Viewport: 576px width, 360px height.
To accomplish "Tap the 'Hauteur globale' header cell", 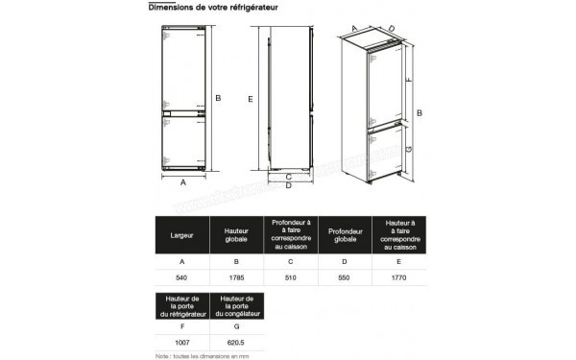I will coord(235,233).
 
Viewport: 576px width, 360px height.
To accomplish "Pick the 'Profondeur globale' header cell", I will coord(345,233).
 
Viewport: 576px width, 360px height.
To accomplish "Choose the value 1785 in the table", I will coord(235,276).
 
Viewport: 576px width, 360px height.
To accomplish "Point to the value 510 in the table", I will coord(290,276).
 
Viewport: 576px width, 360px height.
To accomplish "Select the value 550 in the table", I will coord(345,276).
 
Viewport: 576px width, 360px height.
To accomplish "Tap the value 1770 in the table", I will coord(400,276).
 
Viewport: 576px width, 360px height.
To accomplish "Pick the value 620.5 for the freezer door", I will coord(235,343).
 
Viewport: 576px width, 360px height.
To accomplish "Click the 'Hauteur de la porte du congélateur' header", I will coord(235,306).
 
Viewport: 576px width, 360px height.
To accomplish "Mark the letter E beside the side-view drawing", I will coord(250,99).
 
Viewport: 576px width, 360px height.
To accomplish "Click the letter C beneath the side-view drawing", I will coord(288,177).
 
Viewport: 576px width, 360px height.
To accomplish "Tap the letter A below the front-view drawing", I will coord(182,179).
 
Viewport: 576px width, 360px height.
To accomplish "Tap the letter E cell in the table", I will coord(400,259).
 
